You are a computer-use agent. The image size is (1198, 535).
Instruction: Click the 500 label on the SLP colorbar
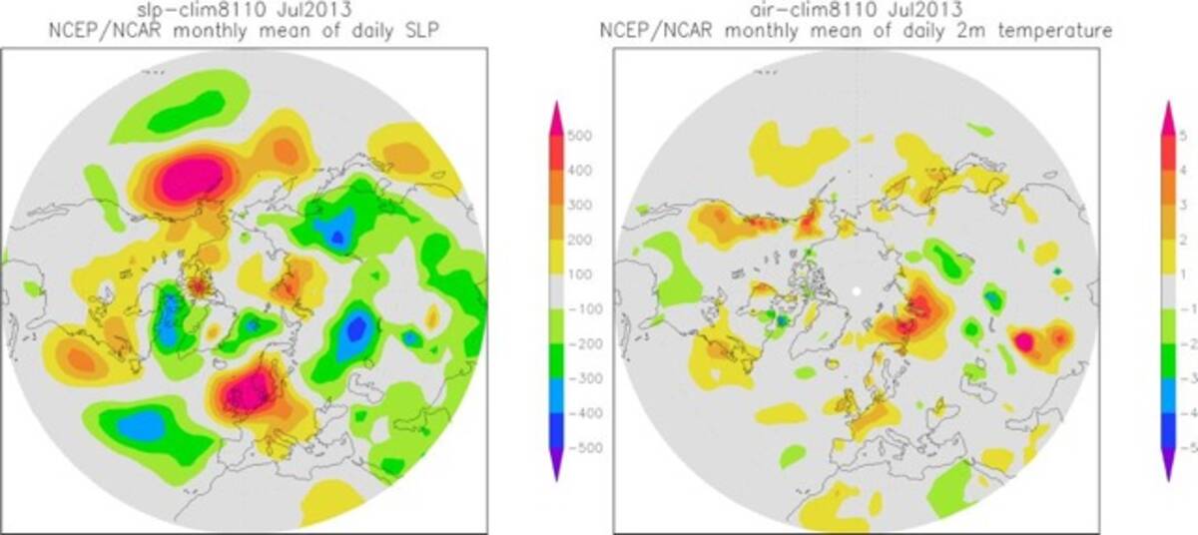[581, 136]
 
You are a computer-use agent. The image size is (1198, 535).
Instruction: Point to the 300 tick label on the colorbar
[581, 206]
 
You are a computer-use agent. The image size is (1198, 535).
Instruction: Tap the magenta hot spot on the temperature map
[1023, 341]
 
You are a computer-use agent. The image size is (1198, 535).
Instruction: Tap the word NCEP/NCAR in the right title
[644, 31]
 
